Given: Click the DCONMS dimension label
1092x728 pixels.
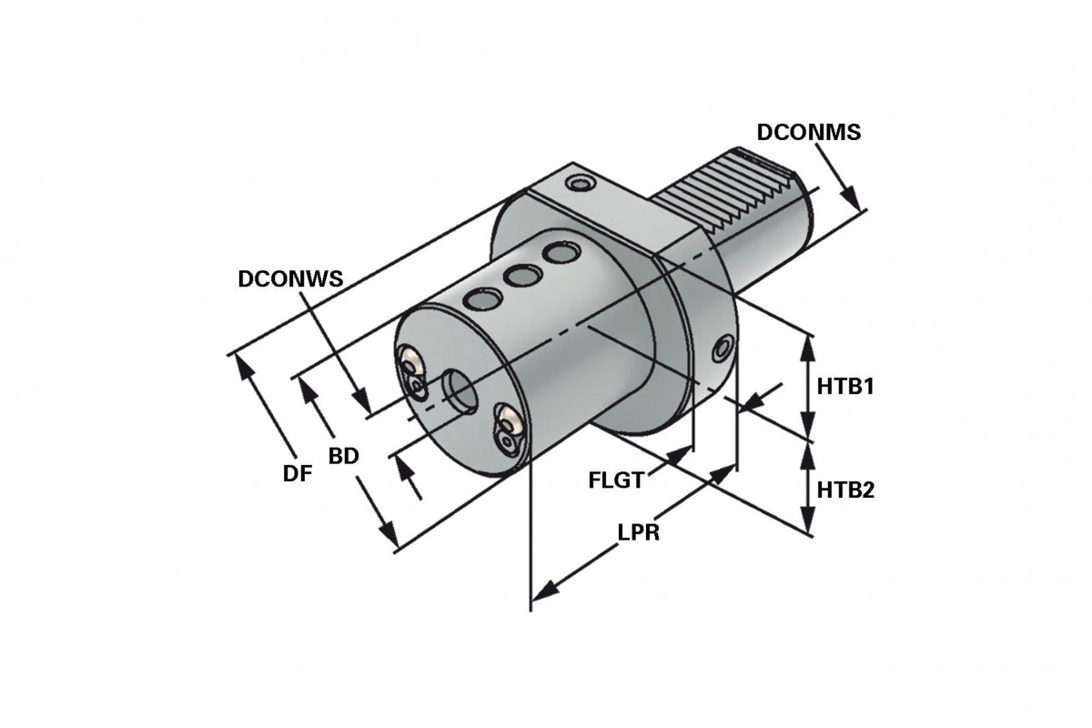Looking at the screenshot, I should click(x=809, y=132).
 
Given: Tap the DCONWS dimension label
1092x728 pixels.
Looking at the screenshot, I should click(x=290, y=279).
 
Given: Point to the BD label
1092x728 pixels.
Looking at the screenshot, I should click(x=343, y=455).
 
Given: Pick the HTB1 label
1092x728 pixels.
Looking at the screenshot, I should click(x=844, y=387).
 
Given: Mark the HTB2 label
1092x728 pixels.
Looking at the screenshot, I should click(x=844, y=490).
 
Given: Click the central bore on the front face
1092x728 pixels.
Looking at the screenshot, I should click(x=460, y=391).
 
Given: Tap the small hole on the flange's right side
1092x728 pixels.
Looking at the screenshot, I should click(x=724, y=347).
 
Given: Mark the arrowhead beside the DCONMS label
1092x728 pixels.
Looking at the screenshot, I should click(x=850, y=200).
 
